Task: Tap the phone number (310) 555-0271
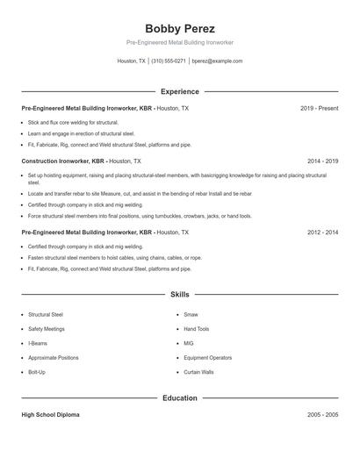[x=169, y=61]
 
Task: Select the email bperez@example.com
[x=217, y=61]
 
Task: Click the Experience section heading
[x=180, y=91]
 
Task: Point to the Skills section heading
[x=180, y=295]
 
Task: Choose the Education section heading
[x=180, y=398]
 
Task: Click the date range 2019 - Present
[x=319, y=108]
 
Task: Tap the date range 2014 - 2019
[x=323, y=161]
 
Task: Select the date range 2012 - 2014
[x=323, y=232]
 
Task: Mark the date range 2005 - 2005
[x=323, y=414]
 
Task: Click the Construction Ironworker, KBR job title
[x=63, y=161]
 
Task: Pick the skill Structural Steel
[x=45, y=313]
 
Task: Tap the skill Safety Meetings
[x=47, y=328]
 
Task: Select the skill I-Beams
[x=38, y=343]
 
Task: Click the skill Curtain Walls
[x=198, y=372]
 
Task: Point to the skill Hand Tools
[x=197, y=328]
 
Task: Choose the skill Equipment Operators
[x=208, y=358]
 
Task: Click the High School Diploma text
[x=50, y=414]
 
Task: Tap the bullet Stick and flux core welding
[x=73, y=122]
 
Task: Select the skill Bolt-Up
[x=37, y=372]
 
